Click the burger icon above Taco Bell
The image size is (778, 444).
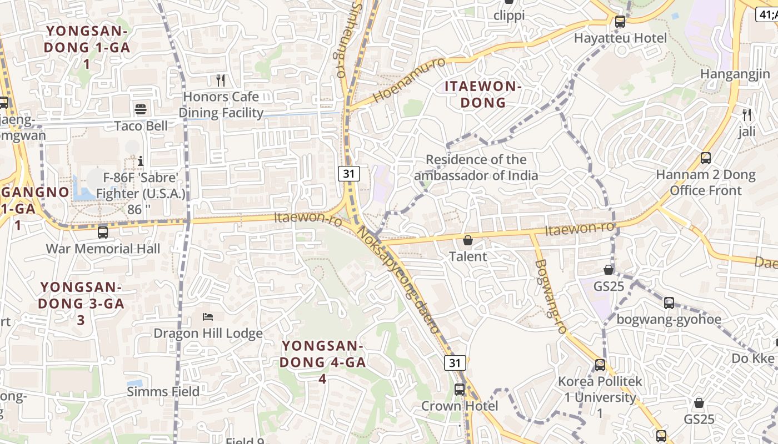pos(141,109)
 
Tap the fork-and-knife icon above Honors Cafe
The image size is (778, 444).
pos(221,80)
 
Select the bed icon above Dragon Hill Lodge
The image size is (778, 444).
pos(208,317)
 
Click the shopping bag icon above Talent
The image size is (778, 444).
pos(468,240)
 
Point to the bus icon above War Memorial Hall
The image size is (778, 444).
pos(103,232)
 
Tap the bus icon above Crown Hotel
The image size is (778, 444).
pos(460,390)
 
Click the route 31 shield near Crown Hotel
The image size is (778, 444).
pos(455,363)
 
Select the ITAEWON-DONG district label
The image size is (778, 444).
pos(483,94)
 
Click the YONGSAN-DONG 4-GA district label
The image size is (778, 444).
pos(322,362)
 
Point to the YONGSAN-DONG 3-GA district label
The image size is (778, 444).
pos(81,303)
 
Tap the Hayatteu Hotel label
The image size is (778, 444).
pos(620,38)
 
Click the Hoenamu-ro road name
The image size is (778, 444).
pos(409,79)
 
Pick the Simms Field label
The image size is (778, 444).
pos(163,392)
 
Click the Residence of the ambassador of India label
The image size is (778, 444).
pos(476,168)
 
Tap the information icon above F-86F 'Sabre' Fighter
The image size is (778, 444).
pos(141,162)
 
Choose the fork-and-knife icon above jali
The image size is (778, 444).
pos(747,115)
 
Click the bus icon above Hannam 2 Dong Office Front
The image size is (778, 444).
pos(706,158)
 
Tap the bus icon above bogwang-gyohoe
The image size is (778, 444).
pos(669,303)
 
